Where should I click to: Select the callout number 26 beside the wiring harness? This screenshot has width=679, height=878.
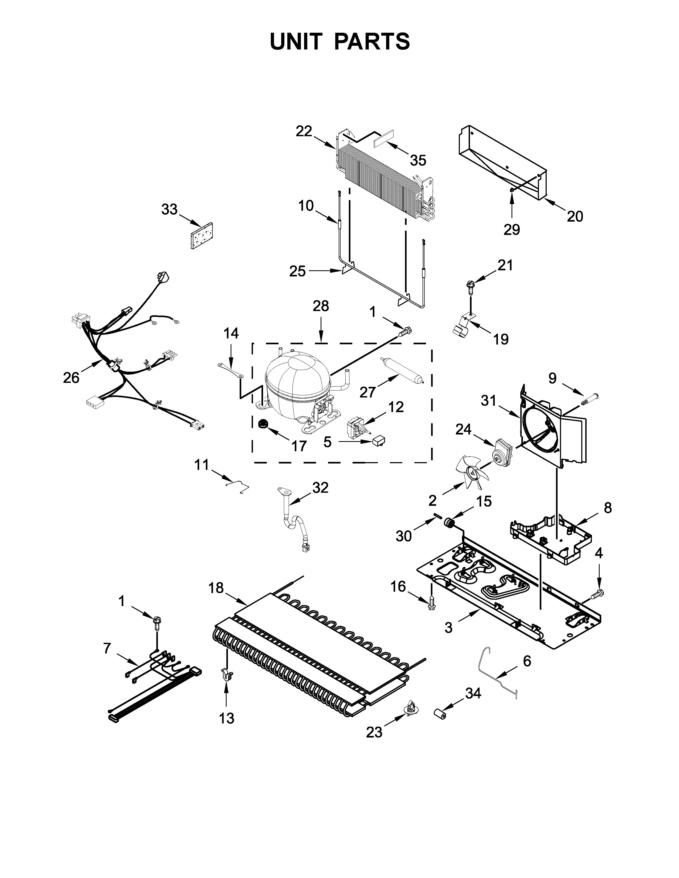pos(71,378)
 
